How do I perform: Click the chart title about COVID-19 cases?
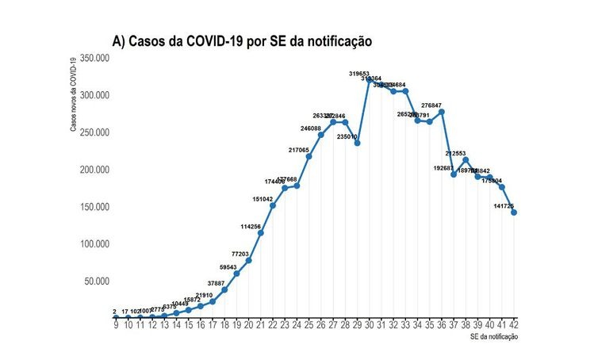click(242, 40)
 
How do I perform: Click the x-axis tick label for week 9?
click(116, 324)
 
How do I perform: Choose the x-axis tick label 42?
click(515, 324)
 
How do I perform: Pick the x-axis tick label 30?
click(370, 324)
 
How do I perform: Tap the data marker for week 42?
click(515, 212)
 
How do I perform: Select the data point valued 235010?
click(358, 143)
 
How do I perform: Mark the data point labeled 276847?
click(442, 111)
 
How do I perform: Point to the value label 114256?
click(251, 227)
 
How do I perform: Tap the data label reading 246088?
click(311, 128)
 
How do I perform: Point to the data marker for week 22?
click(273, 205)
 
